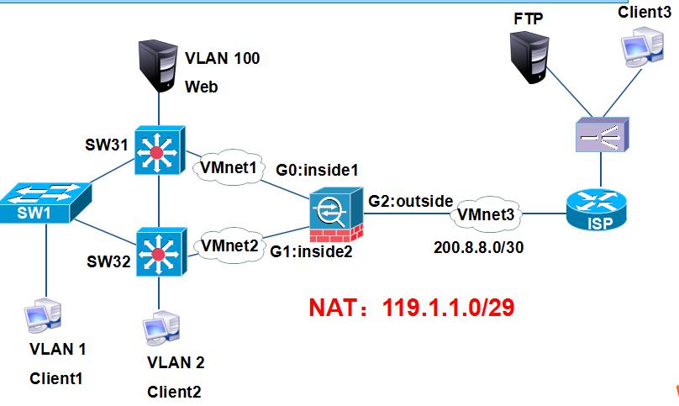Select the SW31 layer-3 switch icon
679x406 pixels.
click(x=158, y=152)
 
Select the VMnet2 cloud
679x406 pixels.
click(x=227, y=246)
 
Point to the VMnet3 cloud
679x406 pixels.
click(x=488, y=215)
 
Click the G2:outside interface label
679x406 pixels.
click(x=410, y=201)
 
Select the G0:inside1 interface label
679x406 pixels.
click(x=318, y=170)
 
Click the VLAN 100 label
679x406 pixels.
click(x=223, y=59)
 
